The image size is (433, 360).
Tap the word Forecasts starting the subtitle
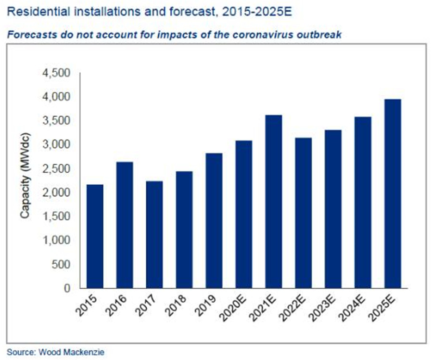coord(28,35)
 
